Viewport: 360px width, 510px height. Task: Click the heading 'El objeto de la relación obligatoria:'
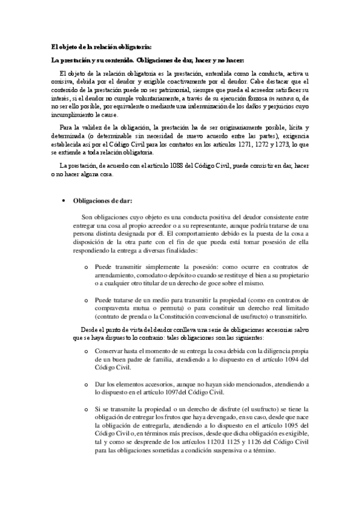pyautogui.click(x=101, y=48)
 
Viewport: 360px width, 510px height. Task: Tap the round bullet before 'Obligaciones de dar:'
pyautogui.click(x=64, y=200)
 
